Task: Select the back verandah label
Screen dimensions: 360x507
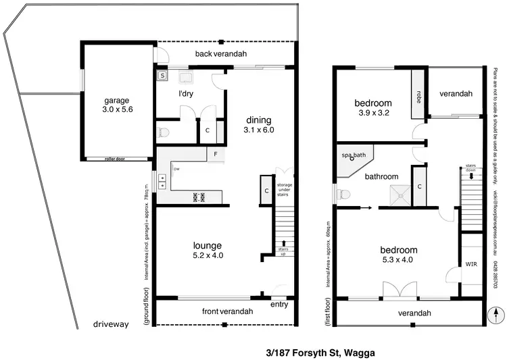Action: click(x=221, y=54)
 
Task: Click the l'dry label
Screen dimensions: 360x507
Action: click(x=186, y=94)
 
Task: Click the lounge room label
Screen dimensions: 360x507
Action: click(x=208, y=245)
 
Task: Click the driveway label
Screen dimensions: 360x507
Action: click(x=111, y=325)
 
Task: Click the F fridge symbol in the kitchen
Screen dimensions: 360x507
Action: click(x=215, y=154)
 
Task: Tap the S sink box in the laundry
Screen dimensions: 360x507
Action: click(x=162, y=76)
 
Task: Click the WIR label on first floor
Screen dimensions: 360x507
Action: click(x=470, y=263)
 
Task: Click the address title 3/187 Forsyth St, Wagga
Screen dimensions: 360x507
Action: click(x=320, y=352)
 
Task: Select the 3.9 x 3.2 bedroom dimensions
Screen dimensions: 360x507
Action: click(x=373, y=113)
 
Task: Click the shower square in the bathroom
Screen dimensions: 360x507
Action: click(x=400, y=195)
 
